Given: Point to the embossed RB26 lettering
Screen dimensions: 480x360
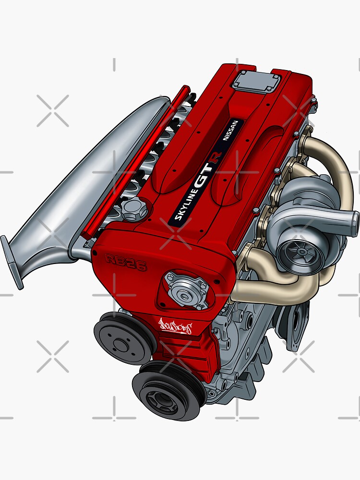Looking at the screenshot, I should click(x=126, y=263).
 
